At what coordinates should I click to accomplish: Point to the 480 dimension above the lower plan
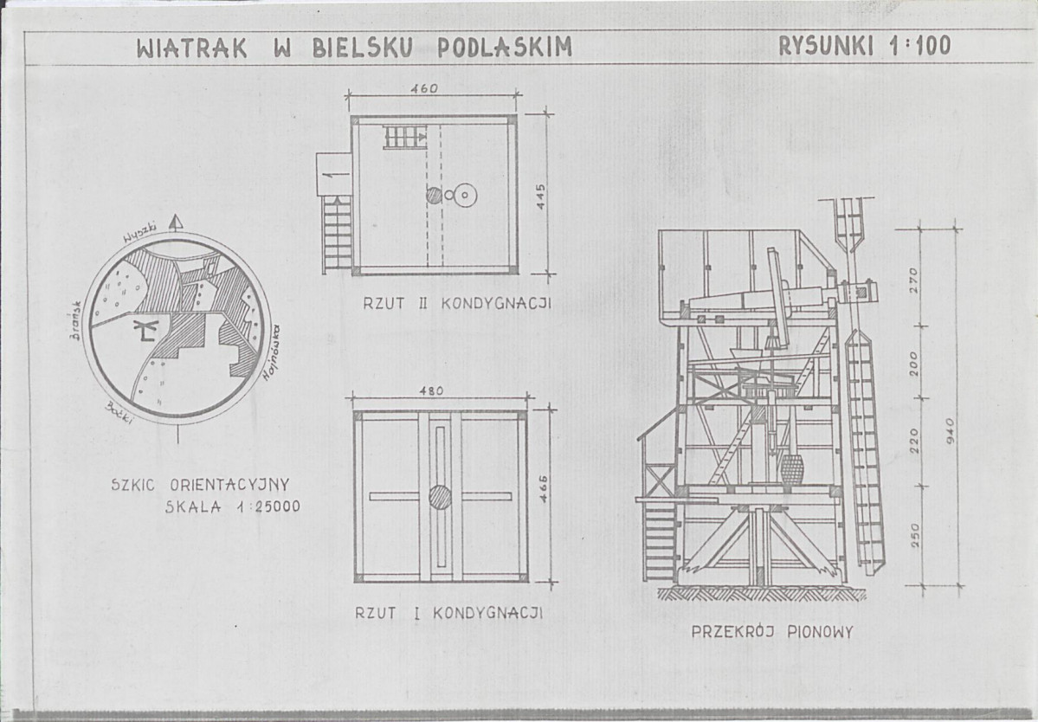430,390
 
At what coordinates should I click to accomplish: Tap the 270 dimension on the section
913,280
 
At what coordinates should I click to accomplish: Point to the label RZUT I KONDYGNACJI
448,613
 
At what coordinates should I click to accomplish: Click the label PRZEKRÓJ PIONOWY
771,632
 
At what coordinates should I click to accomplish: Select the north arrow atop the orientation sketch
177,222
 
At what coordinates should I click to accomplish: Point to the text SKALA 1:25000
233,507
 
